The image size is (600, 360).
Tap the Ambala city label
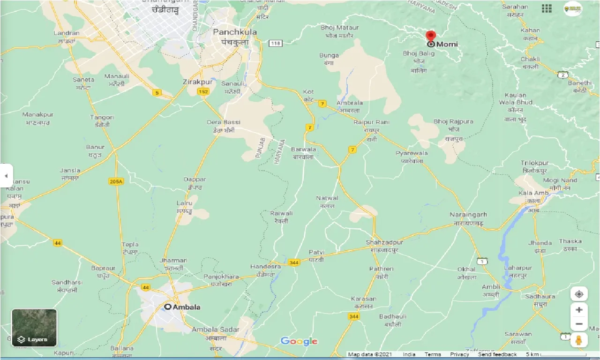coord(187,307)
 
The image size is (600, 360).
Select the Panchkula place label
coord(235,32)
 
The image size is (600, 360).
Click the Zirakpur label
coord(198,82)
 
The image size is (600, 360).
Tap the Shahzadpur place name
coord(384,242)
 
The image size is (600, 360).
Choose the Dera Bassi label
coord(224,122)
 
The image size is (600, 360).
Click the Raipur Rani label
coord(371,122)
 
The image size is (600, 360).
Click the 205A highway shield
coord(115,181)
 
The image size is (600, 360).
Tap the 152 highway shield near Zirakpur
coord(203,91)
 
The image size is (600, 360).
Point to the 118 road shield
coord(275,43)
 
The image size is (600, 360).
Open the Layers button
coord(34,328)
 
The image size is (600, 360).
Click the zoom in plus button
coord(579,310)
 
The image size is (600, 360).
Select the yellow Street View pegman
coord(579,340)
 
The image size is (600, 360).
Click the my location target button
coord(579,294)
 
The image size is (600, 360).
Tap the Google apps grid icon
coord(547,8)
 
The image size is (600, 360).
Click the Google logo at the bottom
coord(299,341)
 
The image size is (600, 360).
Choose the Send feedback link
coord(497,354)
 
